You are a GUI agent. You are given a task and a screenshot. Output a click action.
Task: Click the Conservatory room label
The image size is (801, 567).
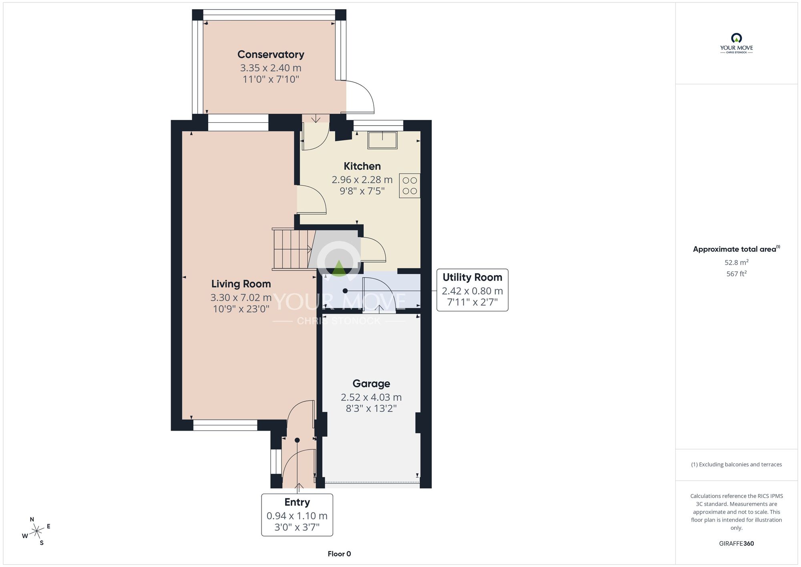click(271, 55)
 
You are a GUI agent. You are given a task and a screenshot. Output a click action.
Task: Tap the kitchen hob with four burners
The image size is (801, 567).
click(410, 186)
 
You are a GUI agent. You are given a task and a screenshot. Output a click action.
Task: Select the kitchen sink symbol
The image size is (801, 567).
click(383, 140)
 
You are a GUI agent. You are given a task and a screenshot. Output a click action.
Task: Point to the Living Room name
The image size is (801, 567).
click(241, 284)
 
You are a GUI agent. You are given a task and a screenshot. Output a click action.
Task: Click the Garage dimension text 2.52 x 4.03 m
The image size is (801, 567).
click(371, 397)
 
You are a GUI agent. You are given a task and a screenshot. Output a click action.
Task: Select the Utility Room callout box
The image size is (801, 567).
click(472, 290)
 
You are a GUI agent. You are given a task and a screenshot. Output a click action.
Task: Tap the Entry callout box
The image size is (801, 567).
click(297, 515)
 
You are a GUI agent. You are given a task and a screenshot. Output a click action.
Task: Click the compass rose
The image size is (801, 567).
click(36, 531)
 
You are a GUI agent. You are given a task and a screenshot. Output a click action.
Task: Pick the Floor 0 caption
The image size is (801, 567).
click(339, 554)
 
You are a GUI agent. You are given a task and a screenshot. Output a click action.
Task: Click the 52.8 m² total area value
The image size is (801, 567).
click(737, 262)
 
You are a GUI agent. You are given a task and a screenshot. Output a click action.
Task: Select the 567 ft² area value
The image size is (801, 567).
click(737, 273)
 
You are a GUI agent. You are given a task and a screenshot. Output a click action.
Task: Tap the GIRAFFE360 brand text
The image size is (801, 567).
click(737, 544)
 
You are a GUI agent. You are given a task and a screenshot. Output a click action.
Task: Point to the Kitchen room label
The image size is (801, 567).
click(362, 166)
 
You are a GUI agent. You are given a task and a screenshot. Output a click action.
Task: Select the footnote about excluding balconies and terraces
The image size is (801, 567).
click(737, 464)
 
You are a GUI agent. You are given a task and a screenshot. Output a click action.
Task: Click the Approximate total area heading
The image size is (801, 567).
click(737, 249)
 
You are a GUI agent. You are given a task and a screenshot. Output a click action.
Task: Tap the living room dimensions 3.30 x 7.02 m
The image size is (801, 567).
click(241, 298)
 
